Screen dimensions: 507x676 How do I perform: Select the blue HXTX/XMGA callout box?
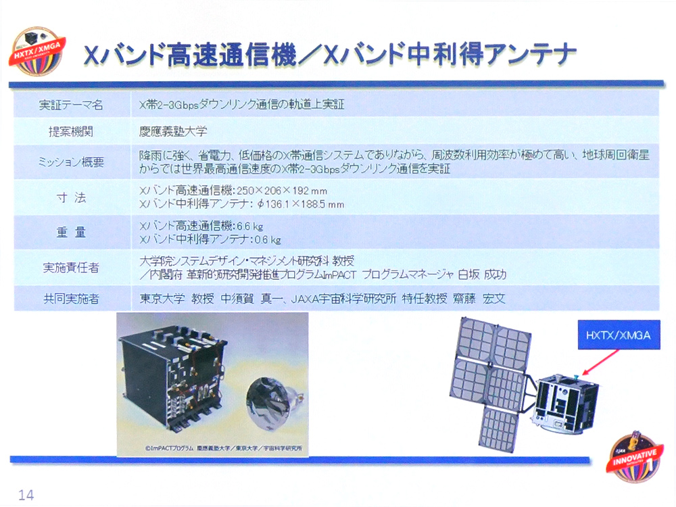[619, 335]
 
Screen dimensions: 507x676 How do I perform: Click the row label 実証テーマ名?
[71, 105]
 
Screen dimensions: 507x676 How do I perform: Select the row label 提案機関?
[71, 132]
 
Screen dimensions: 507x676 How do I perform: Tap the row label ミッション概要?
[71, 162]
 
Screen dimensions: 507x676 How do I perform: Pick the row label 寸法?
[71, 197]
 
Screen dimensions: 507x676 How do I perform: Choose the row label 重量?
[71, 233]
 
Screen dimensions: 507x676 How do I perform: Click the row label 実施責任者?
[71, 268]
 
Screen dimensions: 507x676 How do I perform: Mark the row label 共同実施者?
[71, 298]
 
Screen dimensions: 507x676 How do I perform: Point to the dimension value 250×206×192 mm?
[285, 191]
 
